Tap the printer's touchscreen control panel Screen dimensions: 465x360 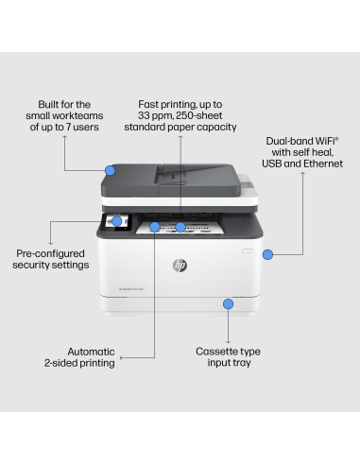pos(121,223)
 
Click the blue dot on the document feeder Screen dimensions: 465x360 pos(111,170)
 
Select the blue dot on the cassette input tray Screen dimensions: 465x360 pos(227,303)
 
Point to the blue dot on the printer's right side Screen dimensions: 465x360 pos(268,254)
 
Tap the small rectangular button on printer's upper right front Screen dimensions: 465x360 pos(248,250)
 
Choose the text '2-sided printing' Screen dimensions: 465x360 pos(79,363)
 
